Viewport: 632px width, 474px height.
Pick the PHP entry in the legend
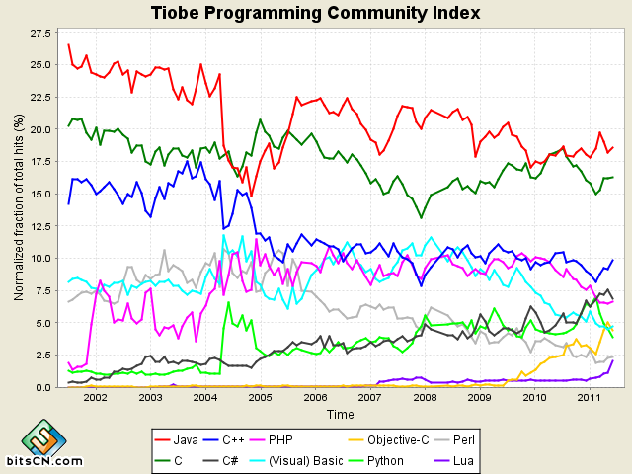click(336, 437)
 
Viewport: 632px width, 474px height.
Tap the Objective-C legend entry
click(422, 437)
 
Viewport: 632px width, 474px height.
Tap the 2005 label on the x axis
click(260, 397)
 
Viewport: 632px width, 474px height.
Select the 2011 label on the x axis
click(590, 397)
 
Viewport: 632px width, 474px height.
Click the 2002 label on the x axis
click(95, 397)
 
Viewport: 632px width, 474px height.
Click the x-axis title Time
click(341, 414)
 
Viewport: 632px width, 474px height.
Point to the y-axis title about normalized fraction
click(18, 207)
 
